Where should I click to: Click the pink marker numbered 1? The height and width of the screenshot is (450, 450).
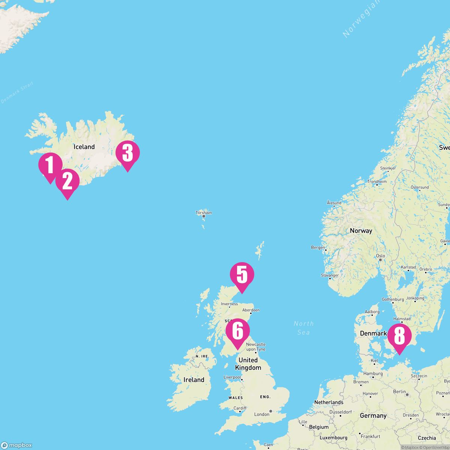50,165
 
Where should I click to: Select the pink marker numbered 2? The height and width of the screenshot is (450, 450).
67,181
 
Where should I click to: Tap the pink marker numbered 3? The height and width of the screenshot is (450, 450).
127,153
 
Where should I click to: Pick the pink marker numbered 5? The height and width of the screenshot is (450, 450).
242,275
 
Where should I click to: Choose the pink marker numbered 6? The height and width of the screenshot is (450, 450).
237,331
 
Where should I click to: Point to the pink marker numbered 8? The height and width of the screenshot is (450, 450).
399,336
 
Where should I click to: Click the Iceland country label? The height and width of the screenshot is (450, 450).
84,147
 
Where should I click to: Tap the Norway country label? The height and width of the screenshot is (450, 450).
361,231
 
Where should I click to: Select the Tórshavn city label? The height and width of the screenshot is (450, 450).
204,213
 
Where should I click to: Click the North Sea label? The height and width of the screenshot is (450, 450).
304,328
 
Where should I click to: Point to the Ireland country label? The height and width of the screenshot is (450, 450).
194,380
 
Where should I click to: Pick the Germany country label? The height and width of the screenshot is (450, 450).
373,415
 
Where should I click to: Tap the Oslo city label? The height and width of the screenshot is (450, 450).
380,256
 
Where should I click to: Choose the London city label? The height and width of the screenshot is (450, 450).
262,414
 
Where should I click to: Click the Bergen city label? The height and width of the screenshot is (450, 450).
318,247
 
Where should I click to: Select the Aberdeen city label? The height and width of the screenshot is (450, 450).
251,310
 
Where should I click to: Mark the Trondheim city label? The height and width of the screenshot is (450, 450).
377,181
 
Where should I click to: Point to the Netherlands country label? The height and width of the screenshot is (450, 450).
328,402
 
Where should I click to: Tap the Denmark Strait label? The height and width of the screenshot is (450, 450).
17,93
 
